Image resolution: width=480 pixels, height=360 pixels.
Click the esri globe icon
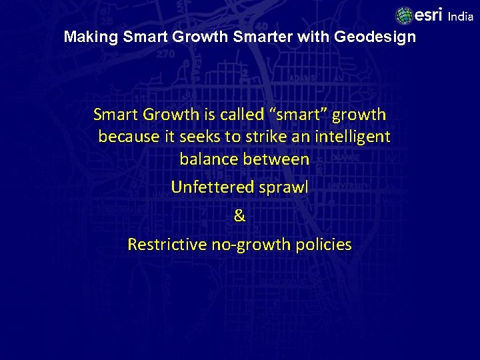pyautogui.click(x=404, y=15)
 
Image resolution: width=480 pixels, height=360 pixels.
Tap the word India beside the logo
pyautogui.click(x=460, y=17)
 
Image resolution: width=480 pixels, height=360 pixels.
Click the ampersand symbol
pyautogui.click(x=240, y=216)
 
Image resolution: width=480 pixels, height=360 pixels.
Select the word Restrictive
pyautogui.click(x=167, y=245)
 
